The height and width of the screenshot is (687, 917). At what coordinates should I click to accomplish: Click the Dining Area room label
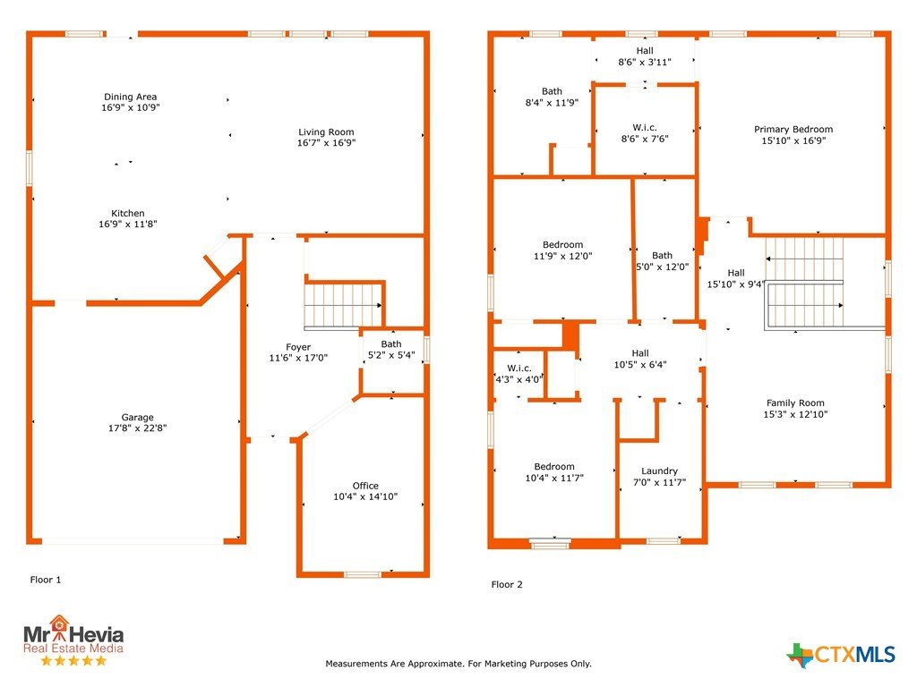(131, 97)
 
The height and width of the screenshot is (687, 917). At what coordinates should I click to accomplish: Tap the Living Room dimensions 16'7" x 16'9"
(326, 142)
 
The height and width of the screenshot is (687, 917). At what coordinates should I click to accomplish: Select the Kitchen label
(128, 213)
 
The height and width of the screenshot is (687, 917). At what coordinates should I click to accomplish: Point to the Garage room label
(137, 417)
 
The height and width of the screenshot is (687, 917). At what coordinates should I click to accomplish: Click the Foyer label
(298, 347)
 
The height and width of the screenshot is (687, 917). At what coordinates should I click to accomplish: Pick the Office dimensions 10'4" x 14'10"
(365, 496)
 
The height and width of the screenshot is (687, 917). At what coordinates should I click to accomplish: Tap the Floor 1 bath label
(391, 344)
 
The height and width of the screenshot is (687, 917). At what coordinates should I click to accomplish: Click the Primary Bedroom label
(793, 129)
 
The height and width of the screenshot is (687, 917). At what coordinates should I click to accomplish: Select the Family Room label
(795, 403)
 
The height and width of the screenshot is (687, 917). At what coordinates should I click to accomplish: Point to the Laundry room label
(660, 471)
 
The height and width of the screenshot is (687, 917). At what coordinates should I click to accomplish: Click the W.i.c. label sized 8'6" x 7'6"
(645, 127)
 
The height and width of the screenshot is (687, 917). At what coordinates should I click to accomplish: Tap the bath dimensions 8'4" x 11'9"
(552, 102)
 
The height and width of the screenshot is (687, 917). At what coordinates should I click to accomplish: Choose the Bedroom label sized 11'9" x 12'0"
(562, 245)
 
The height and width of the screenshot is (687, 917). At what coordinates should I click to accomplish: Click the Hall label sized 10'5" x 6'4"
(640, 353)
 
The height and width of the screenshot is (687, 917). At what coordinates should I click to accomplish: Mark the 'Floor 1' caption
(46, 580)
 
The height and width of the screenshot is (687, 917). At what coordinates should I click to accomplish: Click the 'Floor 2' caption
(507, 584)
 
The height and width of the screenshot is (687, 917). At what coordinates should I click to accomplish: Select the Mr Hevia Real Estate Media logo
(73, 640)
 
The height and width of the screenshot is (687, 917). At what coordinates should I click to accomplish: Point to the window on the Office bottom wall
(363, 575)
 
